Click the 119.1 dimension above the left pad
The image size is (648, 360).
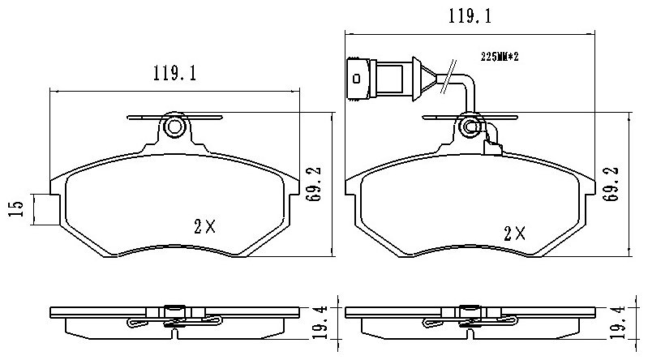[x=175, y=74]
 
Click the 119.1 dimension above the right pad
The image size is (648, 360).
[x=470, y=16]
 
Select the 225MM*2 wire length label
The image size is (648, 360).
[x=500, y=57]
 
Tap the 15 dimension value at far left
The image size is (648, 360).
[x=15, y=209]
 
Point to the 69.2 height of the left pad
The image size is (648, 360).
[x=314, y=184]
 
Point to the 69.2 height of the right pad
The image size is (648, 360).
[x=612, y=184]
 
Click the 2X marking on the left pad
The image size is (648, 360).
[x=205, y=226]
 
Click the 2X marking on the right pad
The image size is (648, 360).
[x=514, y=234]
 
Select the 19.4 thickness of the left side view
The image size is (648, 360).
[x=320, y=323]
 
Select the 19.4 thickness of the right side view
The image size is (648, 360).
[x=618, y=323]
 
